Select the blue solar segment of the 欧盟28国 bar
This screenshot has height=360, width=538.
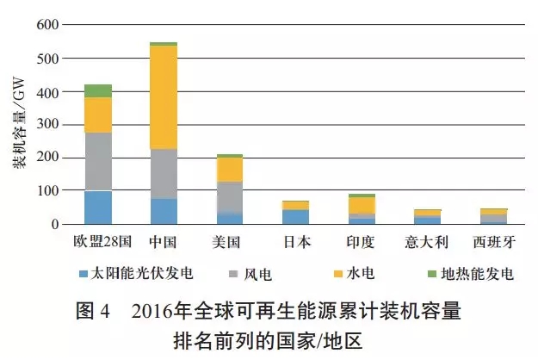98,207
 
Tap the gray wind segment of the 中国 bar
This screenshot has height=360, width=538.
164,173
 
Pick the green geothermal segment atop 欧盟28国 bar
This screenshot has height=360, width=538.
98,90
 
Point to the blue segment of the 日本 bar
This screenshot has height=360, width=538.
296,216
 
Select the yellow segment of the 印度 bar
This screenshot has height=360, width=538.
362,205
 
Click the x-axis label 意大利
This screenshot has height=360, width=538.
428,242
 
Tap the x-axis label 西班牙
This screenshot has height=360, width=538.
494,242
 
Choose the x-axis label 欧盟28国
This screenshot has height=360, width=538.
98,242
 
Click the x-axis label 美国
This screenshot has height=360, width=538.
230,242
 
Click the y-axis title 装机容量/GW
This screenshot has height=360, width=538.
19,125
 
